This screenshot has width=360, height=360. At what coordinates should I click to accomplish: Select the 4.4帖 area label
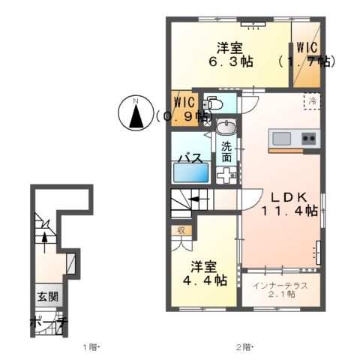coord(208,280)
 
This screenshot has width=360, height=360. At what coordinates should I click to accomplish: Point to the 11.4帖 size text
coord(289,212)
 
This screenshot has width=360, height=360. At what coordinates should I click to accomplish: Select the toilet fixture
coord(212,104)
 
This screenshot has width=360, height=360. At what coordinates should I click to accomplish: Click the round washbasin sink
coord(226,127)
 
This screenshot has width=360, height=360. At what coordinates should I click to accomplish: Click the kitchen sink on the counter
coord(281,138)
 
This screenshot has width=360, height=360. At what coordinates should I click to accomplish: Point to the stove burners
coord(308,138)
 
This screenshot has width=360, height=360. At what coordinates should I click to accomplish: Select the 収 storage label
coord(181,229)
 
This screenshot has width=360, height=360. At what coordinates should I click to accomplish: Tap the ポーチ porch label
coord(49,322)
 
